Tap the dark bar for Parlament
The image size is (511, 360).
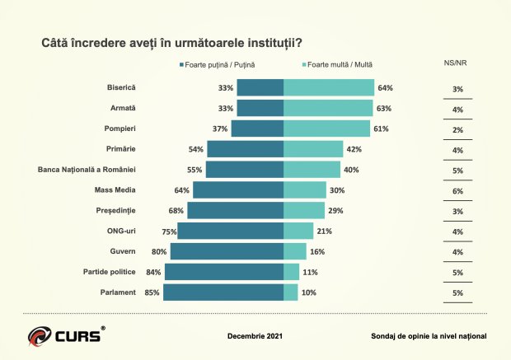pos(223,292)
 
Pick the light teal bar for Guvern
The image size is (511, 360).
pos(295,251)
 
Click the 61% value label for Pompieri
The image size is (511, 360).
pos(381,129)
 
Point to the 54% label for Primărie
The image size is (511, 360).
pos(196,149)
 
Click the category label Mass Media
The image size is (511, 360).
pos(115,190)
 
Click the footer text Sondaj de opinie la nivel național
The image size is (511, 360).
pos(429,336)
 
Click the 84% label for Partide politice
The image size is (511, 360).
pos(154,272)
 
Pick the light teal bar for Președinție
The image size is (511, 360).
pos(299,211)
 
